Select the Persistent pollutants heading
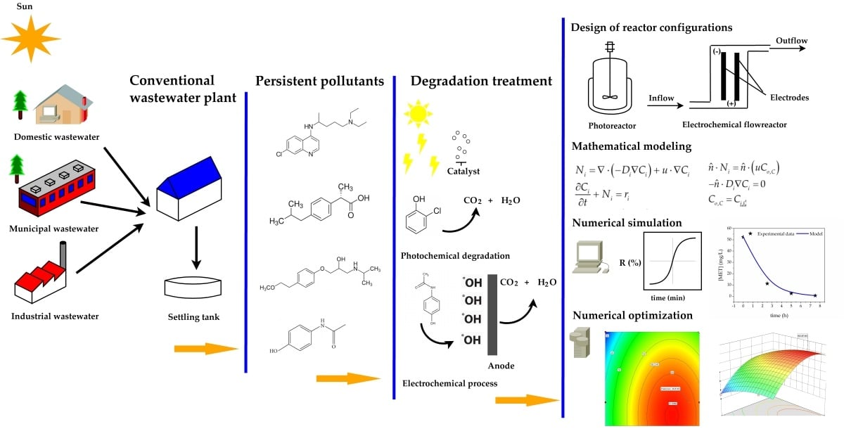pos(319,81)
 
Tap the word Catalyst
pos(463,171)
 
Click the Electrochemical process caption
pos(449,383)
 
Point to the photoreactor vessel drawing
pos(610,82)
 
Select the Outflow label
pos(791,41)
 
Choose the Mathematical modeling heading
pos(631,147)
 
